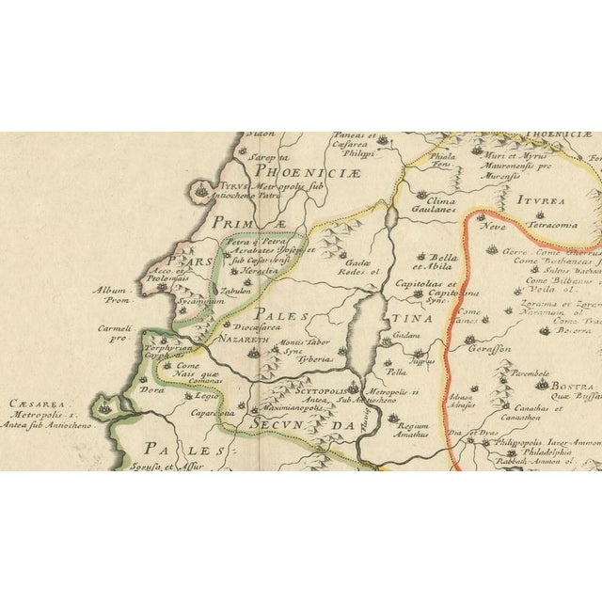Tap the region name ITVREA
tap(538, 199)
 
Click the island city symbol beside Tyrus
tap(203, 191)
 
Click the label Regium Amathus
tap(418, 430)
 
